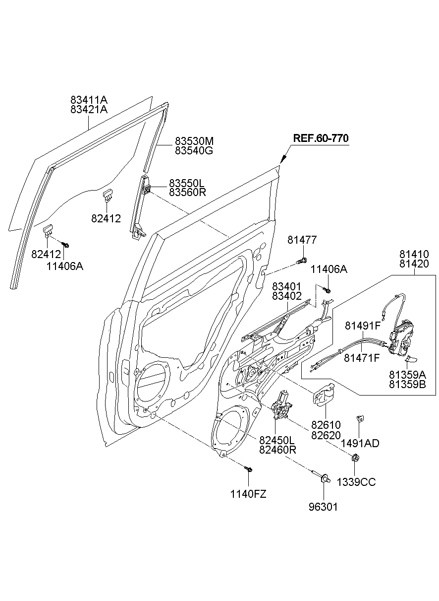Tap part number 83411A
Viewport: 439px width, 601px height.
(89, 100)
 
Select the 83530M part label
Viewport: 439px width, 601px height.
(194, 141)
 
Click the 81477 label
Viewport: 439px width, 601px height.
(302, 240)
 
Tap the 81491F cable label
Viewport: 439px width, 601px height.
(362, 326)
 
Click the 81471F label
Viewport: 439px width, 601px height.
(362, 357)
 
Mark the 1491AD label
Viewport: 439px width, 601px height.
(360, 443)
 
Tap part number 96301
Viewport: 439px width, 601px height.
(324, 507)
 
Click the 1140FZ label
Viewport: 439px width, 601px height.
(248, 494)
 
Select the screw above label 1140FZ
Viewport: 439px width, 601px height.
(249, 469)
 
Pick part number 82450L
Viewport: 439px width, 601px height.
(277, 440)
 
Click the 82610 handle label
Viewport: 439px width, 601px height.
(326, 425)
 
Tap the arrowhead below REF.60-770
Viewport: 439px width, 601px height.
(283, 159)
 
